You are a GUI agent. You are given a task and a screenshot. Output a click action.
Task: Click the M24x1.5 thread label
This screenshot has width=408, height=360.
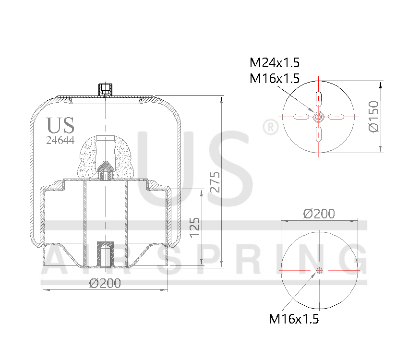coord(274,63)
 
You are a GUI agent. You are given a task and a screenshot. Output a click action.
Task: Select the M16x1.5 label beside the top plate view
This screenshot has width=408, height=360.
coord(274,78)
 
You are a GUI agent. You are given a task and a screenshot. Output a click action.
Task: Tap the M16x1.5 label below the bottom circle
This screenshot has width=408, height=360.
coord(294,318)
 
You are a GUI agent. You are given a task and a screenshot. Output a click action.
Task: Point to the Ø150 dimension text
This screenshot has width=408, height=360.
coord(373,117)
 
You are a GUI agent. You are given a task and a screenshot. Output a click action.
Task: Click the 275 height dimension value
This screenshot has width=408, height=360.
coord(215,182)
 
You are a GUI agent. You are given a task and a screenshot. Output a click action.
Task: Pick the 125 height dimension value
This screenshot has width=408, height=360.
coord(194,228)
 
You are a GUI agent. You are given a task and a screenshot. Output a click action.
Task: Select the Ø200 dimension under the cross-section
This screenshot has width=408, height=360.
coord(105,283)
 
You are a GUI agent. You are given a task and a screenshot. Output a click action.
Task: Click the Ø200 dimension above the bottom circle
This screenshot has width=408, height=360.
coord(319,213)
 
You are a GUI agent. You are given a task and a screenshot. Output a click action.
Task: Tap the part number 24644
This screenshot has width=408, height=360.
coord(60,141)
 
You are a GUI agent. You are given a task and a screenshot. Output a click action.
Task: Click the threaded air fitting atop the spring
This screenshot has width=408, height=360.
coord(106,89)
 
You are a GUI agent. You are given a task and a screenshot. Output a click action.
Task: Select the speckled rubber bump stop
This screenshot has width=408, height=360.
coord(105,157)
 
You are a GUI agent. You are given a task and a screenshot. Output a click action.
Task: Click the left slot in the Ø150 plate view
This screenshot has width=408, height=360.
coord(300,116)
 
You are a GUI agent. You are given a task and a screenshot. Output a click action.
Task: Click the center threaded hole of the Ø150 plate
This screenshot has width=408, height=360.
coord(318,116)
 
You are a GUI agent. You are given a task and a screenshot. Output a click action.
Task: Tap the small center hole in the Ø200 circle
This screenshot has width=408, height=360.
coord(319,271)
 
